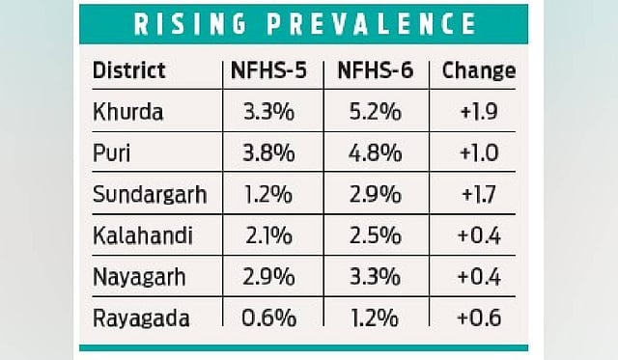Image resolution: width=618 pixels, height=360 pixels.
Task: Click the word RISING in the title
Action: (x=190, y=23)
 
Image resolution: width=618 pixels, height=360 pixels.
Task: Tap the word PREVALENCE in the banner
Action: (x=372, y=23)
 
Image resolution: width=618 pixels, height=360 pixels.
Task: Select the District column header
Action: (x=128, y=70)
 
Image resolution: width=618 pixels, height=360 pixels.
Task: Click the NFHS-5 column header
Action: (x=268, y=70)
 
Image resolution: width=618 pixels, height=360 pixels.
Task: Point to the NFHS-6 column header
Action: (x=376, y=70)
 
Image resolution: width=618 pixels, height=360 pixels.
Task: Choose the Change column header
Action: (x=479, y=71)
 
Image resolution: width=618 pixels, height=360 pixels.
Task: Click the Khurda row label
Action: (x=128, y=112)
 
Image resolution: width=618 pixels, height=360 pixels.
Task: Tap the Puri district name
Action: (x=112, y=153)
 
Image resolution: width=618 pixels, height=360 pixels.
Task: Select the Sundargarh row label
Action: (x=150, y=195)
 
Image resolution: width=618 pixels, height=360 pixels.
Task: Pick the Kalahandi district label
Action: (x=143, y=235)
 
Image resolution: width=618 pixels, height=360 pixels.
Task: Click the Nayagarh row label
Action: (x=139, y=277)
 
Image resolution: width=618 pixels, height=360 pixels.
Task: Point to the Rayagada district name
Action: (x=141, y=318)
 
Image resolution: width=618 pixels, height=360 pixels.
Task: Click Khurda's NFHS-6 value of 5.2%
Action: (x=376, y=112)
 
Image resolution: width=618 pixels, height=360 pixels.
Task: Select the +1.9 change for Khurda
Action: (x=479, y=112)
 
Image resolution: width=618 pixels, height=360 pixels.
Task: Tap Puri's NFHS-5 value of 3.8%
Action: (x=268, y=153)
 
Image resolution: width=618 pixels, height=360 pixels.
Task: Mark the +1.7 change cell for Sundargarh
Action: (x=479, y=195)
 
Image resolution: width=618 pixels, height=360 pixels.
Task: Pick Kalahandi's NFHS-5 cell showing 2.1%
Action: (x=268, y=235)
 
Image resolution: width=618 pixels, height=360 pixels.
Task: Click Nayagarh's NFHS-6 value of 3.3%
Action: (x=376, y=277)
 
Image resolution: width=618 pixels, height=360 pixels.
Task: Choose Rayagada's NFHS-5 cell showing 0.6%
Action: (x=268, y=318)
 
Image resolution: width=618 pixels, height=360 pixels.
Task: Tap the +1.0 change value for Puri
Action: (x=479, y=153)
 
